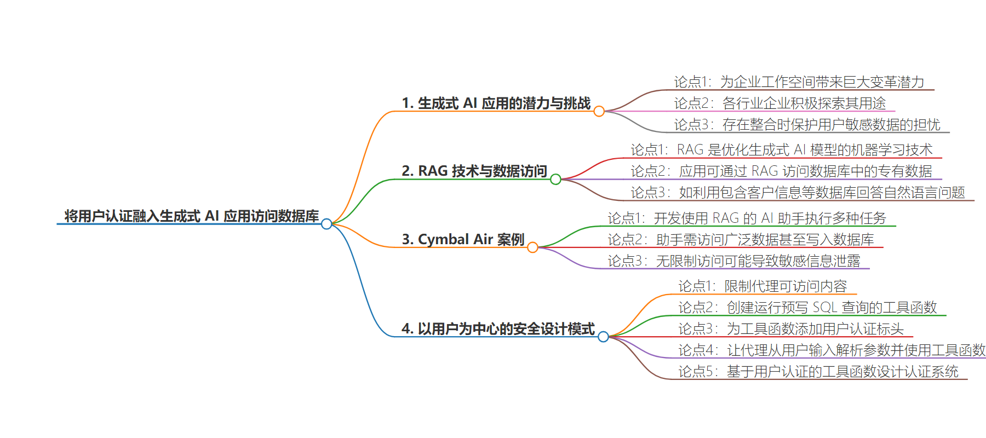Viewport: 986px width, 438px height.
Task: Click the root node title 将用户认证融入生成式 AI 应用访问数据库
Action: coord(191,216)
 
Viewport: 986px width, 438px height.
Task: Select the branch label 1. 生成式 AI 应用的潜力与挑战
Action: coord(496,103)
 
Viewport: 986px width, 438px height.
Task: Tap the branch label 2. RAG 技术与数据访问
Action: coord(474,171)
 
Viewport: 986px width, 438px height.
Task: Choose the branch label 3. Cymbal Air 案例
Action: coord(463,239)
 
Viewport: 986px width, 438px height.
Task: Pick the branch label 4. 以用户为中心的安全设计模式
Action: coord(498,329)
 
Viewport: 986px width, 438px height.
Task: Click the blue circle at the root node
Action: coord(326,224)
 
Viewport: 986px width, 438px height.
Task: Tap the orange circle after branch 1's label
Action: coord(599,111)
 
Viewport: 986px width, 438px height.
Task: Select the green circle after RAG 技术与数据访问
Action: coord(555,179)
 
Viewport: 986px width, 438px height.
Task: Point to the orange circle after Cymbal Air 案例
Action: coord(532,247)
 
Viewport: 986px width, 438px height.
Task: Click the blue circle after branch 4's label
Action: coord(603,337)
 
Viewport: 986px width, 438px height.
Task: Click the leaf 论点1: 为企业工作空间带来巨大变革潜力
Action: coord(799,82)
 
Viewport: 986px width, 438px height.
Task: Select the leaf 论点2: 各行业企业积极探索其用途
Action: coord(779,103)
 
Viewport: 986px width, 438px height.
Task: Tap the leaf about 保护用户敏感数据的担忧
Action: coord(807,125)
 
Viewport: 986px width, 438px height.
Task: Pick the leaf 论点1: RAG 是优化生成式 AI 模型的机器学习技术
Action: coord(781,150)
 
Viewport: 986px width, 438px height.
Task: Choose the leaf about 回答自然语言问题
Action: coord(798,193)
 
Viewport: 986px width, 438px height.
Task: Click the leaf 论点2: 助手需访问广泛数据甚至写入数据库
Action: coord(741,240)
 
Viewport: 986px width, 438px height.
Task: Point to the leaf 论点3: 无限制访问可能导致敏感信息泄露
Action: coord(734,261)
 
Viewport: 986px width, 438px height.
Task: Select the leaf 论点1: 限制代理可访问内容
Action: coord(763,286)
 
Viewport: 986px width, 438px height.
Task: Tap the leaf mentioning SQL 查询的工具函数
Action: coord(807,308)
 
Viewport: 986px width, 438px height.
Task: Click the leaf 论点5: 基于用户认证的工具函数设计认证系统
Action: coord(818,372)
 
